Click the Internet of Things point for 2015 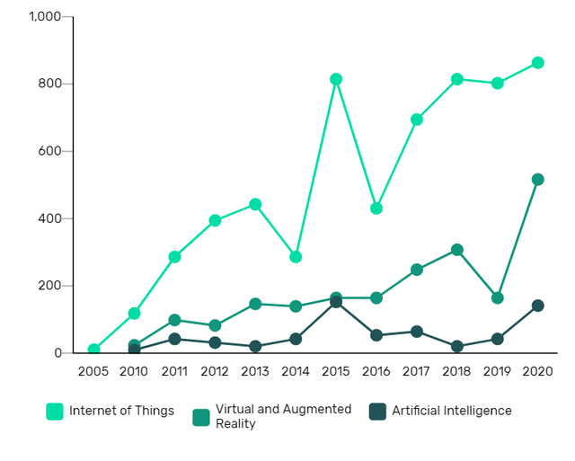click(x=336, y=79)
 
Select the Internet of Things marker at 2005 click(x=93, y=350)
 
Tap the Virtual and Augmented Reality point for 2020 click(x=538, y=180)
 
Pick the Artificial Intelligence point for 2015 click(x=336, y=302)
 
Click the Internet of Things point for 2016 click(x=376, y=208)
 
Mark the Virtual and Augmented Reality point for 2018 click(x=457, y=250)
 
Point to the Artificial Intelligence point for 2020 click(x=538, y=306)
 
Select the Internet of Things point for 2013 click(x=255, y=204)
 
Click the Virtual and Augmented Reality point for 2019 click(x=498, y=297)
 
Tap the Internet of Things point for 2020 click(x=538, y=63)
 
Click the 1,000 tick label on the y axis click(x=45, y=17)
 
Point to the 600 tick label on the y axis click(x=49, y=151)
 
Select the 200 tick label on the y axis click(x=49, y=286)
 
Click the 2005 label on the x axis click(x=93, y=371)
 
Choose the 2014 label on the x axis click(x=296, y=371)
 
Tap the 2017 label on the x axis click(x=417, y=371)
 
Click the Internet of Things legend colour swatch click(x=55, y=412)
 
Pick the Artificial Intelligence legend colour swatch click(x=376, y=412)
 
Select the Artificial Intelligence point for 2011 click(x=174, y=339)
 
